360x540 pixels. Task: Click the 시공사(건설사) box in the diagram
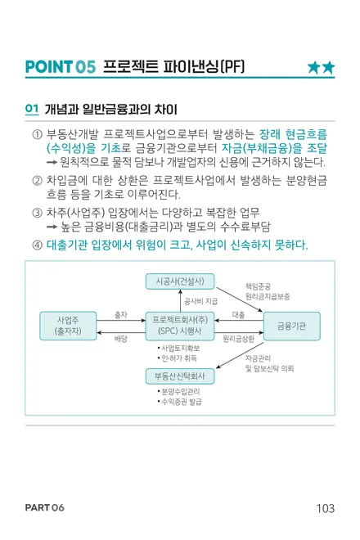coord(180,281)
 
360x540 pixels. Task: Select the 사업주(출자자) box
coord(68,326)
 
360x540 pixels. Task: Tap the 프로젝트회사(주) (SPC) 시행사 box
coord(180,326)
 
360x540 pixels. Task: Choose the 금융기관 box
coord(292,326)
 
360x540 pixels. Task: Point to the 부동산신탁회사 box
coord(180,376)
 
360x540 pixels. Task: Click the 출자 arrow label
coord(121,315)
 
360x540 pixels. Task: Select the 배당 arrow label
coord(121,339)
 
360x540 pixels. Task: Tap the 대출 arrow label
coord(238,315)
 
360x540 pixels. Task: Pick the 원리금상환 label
coord(238,339)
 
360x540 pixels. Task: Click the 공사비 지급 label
coord(200,302)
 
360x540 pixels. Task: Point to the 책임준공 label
coord(258,286)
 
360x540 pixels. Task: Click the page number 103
coord(325,508)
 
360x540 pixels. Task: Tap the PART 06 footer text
coord(45,507)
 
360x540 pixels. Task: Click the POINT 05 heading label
coord(61,67)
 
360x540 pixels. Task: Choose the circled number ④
coord(37,245)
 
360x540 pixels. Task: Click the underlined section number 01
coord(32,109)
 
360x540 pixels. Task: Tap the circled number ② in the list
coord(37,181)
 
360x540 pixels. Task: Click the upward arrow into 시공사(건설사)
coord(180,300)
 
